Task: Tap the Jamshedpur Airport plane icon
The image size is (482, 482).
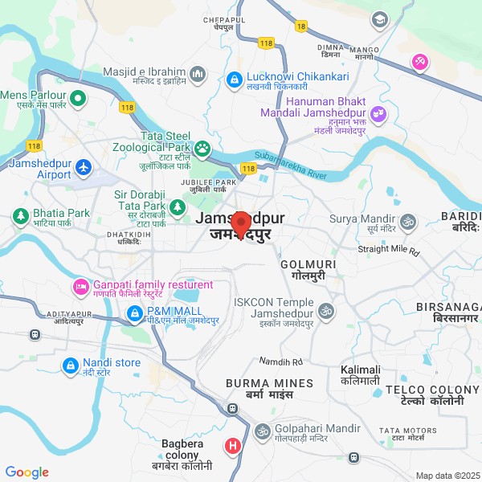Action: [84, 168]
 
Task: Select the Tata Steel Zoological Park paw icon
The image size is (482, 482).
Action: [202, 148]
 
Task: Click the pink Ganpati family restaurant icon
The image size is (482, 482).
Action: [80, 285]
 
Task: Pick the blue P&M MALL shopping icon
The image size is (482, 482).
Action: [134, 312]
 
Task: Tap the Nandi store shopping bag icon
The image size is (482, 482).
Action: [71, 366]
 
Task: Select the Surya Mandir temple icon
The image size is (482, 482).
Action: [407, 220]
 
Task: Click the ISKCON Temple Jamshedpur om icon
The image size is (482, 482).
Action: [326, 310]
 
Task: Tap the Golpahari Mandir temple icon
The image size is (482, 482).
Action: [261, 432]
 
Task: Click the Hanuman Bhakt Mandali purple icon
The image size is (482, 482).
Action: [378, 114]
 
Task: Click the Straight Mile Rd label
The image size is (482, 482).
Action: [389, 251]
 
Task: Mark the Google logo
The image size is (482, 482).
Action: [27, 472]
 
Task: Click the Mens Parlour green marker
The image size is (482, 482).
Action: [78, 99]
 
